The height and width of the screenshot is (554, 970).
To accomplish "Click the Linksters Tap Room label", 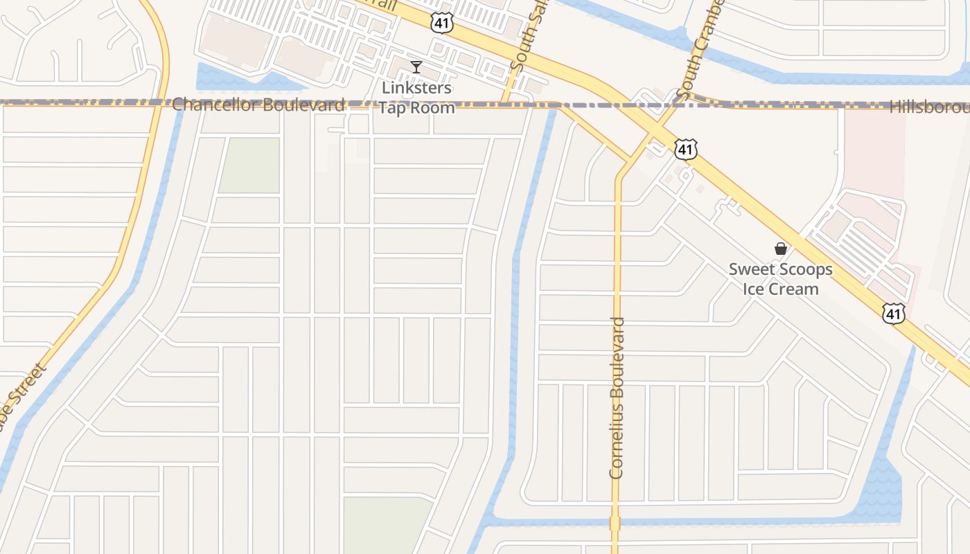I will pos(416,98).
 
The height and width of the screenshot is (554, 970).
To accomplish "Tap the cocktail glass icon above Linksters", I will pos(416,67).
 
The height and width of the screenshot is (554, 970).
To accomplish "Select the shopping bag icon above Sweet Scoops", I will pos(781,249).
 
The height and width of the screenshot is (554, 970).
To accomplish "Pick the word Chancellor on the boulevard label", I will pos(214,105).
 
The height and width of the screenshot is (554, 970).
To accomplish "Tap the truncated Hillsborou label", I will pos(928,107).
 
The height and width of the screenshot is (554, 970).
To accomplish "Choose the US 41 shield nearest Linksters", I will pos(441,23).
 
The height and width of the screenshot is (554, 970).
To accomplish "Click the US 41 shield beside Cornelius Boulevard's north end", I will pos(685,148).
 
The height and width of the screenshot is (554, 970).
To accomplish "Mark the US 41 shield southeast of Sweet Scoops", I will pos(894,314).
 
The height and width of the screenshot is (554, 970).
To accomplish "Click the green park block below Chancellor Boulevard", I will pos(250,165).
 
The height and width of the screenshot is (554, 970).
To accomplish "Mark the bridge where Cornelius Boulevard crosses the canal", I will pos(615,522).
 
